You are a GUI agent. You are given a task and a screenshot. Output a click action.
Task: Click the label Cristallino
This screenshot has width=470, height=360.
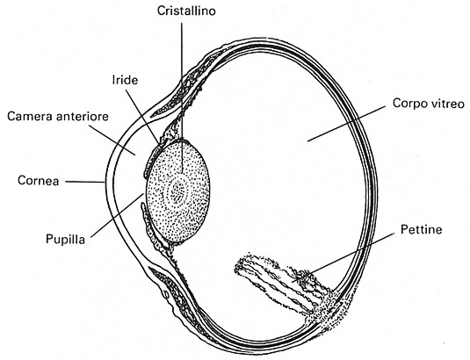coord(186,11)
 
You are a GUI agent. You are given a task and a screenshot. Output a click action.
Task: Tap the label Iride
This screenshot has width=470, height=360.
coord(125,80)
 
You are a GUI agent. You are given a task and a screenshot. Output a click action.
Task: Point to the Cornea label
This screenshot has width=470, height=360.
coord(38,181)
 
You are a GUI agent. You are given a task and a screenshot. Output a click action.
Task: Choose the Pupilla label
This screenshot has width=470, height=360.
coord(65,240)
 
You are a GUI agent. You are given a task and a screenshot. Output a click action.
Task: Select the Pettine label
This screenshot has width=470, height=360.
coord(422,230)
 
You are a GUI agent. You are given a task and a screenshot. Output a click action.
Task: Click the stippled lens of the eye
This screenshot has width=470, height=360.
coord(177,191)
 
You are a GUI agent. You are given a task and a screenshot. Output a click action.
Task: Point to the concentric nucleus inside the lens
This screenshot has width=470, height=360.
coord(177,193)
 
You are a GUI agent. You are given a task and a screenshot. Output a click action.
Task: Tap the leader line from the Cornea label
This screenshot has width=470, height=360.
coord(85,182)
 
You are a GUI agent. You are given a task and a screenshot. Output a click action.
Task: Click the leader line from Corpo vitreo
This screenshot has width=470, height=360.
coord(346,124)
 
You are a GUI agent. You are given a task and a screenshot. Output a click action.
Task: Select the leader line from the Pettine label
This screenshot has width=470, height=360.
coord(343,257)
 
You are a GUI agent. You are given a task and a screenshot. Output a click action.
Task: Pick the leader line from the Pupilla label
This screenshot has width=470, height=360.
coord(117,215)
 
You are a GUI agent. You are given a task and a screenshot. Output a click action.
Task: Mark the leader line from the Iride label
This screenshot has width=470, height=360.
coord(142,117)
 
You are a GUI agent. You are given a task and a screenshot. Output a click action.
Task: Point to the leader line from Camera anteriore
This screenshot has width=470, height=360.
coord(112,140)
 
